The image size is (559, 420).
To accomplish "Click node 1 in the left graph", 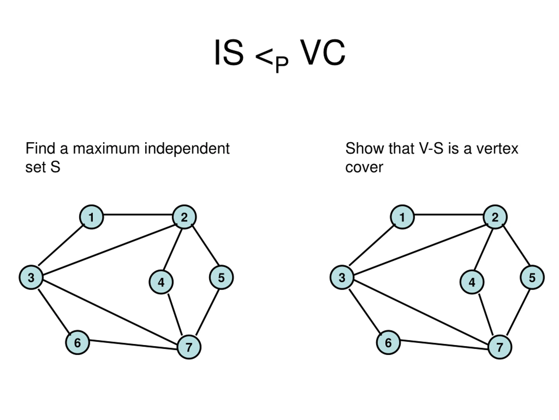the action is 91,217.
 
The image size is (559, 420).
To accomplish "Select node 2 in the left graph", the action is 184,217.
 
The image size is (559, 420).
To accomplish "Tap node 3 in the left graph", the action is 31,277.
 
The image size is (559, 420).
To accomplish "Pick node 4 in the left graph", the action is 161,282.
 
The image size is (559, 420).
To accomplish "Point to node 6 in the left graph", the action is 77,343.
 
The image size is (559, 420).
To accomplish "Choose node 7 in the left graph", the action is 189,347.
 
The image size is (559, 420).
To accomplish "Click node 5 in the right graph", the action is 532,277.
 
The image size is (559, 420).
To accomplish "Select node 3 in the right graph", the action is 342,277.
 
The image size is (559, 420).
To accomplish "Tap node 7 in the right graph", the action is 500,347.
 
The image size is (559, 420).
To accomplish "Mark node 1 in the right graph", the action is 402,217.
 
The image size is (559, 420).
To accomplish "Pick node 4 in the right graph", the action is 472,282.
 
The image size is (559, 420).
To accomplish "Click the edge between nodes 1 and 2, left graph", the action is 138,215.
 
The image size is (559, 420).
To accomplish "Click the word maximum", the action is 106,148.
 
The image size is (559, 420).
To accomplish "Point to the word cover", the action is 364,168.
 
